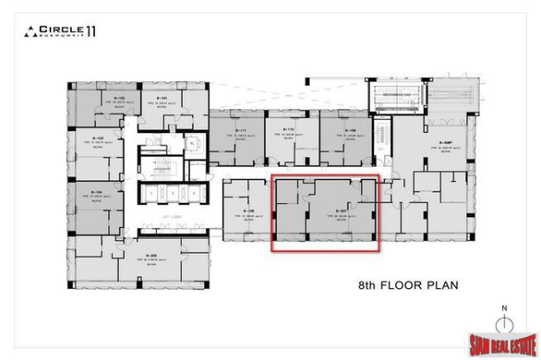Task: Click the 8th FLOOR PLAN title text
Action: tap(407, 286)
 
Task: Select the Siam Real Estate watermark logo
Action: tap(503, 345)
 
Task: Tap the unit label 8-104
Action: tap(98, 191)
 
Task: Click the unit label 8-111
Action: tap(240, 131)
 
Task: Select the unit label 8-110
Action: tap(288, 131)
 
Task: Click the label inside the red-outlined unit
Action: tap(339, 211)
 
